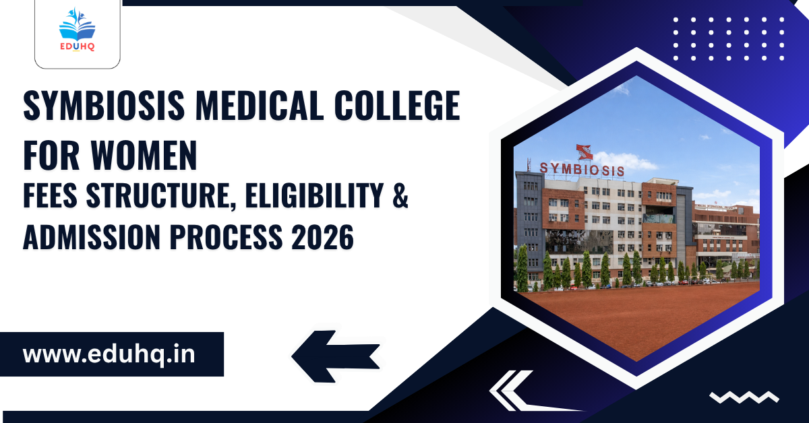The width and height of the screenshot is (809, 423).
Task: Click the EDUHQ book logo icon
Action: pyautogui.click(x=77, y=24)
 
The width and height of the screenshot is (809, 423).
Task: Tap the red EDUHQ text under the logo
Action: pyautogui.click(x=78, y=46)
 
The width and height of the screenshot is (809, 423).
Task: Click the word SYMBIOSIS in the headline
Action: pyautogui.click(x=104, y=105)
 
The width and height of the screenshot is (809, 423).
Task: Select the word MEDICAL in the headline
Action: pyautogui.click(x=260, y=105)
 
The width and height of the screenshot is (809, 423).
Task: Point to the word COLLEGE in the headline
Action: pyautogui.click(x=397, y=105)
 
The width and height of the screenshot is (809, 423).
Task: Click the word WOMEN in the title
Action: pyautogui.click(x=144, y=155)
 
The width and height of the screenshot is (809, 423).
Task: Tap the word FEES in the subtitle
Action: pyautogui.click(x=50, y=195)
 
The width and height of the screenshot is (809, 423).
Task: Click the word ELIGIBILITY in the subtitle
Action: pyautogui.click(x=314, y=195)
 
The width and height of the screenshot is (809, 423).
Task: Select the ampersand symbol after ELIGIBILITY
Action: pyautogui.click(x=400, y=195)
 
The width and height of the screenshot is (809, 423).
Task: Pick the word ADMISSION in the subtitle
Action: pyautogui.click(x=92, y=237)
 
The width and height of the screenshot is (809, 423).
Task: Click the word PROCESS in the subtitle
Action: pyautogui.click(x=226, y=237)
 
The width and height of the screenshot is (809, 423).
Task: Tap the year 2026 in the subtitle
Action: pyautogui.click(x=322, y=237)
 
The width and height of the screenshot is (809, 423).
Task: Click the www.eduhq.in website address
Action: pyautogui.click(x=109, y=354)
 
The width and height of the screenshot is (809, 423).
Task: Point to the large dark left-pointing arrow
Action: pyautogui.click(x=336, y=356)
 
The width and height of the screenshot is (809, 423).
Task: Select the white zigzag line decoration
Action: pyautogui.click(x=744, y=397)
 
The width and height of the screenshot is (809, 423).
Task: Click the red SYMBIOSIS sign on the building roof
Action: pyautogui.click(x=582, y=170)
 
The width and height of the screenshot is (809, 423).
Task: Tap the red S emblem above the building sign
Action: pyautogui.click(x=584, y=152)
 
